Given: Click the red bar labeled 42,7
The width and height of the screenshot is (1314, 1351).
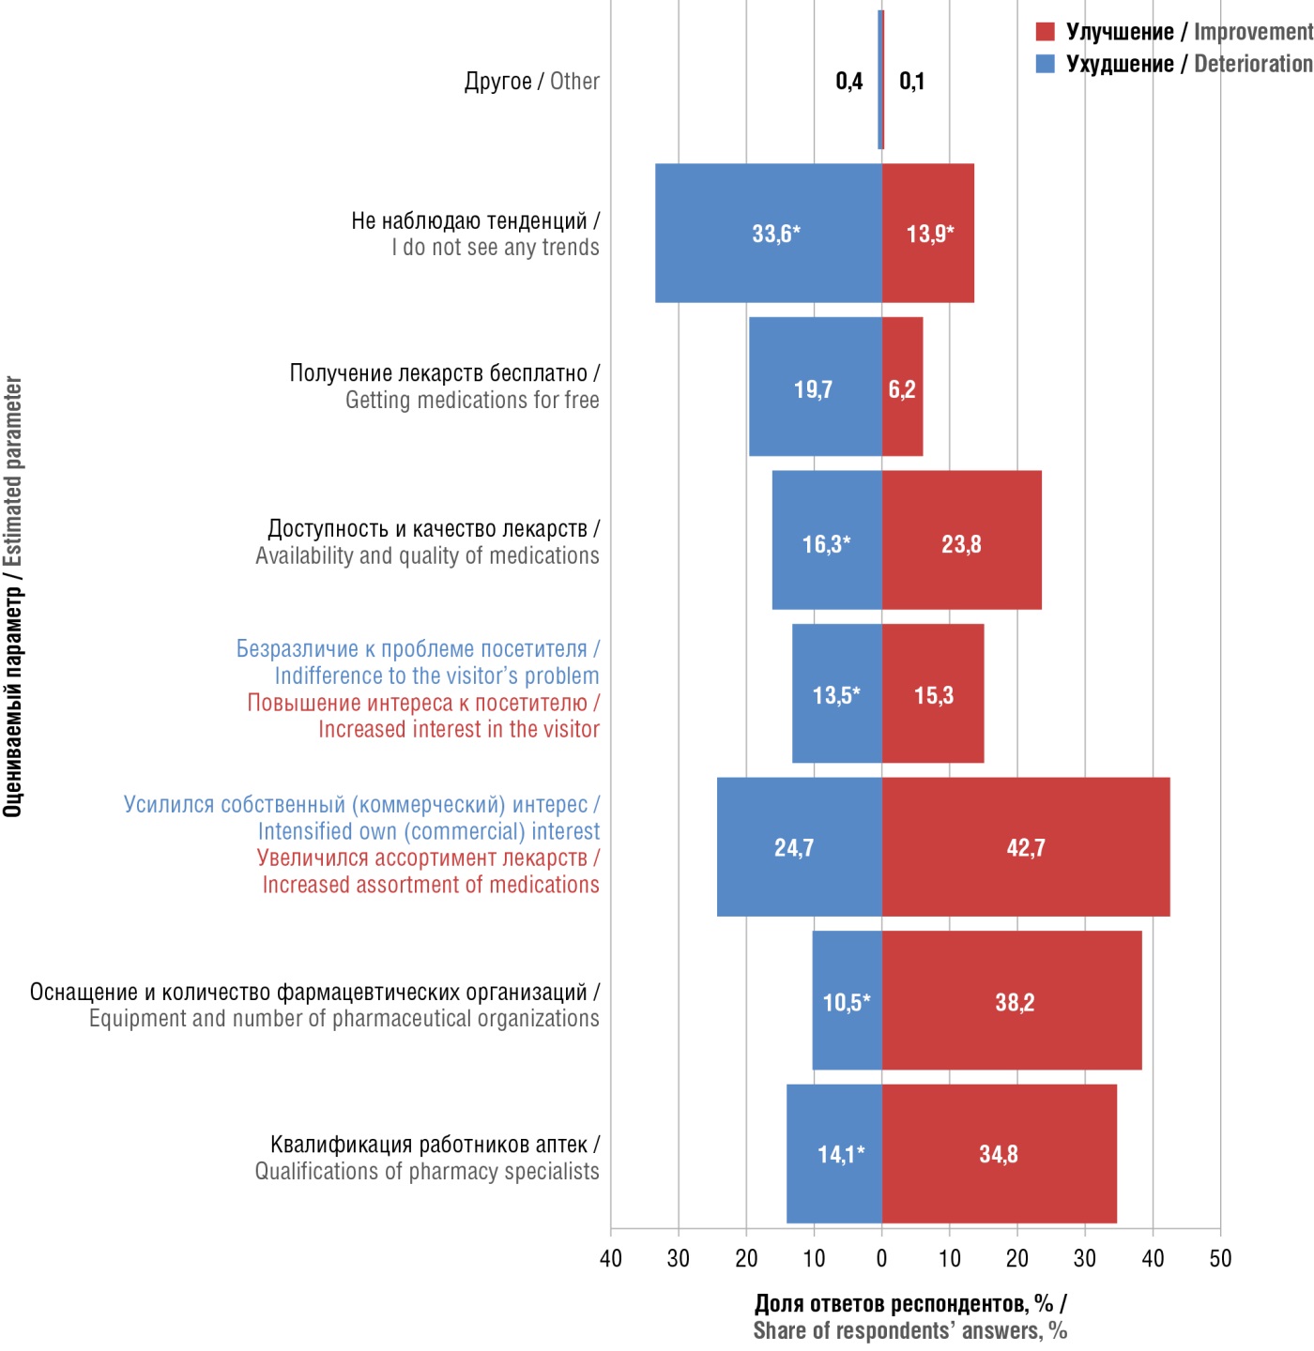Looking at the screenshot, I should [1026, 846].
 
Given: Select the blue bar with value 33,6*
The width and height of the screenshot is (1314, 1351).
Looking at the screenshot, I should [768, 233].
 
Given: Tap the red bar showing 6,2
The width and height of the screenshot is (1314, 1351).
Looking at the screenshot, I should [903, 387].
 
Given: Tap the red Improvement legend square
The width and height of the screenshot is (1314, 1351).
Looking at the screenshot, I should [1045, 32].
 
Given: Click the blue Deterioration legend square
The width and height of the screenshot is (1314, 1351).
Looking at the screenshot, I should [1045, 64].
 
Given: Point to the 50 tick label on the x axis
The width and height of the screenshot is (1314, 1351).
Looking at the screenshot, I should [1220, 1259].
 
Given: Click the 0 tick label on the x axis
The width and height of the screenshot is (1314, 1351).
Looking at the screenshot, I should [881, 1259].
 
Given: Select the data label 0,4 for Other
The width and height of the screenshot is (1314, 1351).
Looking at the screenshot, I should [849, 82].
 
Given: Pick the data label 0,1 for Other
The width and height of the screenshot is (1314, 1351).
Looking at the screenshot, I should [911, 82].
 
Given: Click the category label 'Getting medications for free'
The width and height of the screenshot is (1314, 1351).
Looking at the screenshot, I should [472, 401].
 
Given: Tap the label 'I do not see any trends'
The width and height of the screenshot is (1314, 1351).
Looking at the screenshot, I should [495, 248].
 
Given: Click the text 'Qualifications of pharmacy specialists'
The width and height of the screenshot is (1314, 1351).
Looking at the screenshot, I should [427, 1172].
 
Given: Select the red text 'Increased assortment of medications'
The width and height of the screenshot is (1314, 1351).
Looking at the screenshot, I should [431, 885].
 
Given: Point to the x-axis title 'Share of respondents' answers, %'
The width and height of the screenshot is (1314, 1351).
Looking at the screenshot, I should [909, 1330].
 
